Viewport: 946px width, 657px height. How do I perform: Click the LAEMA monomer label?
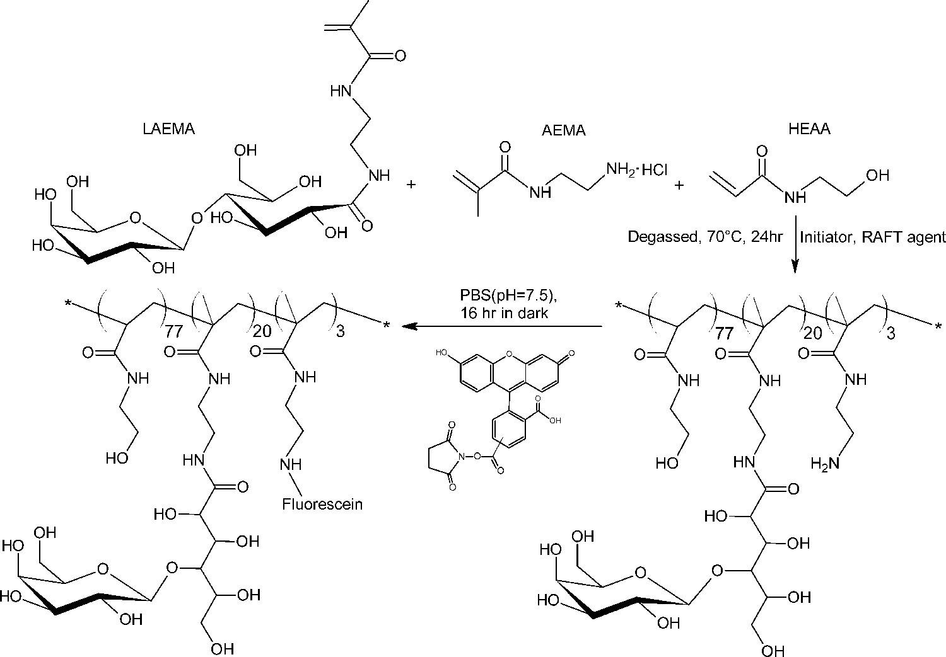tap(168, 130)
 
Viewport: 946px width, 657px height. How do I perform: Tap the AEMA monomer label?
tap(563, 130)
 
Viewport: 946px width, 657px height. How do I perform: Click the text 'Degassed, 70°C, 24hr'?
tap(705, 237)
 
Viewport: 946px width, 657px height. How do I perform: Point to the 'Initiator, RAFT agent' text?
tap(873, 237)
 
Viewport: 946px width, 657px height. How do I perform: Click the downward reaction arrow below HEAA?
tap(794, 246)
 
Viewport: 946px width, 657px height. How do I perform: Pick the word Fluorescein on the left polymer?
tap(322, 504)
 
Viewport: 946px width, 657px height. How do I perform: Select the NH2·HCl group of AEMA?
tap(636, 169)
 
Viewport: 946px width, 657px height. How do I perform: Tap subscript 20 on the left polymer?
tap(261, 330)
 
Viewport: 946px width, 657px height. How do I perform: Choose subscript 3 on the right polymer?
tap(891, 333)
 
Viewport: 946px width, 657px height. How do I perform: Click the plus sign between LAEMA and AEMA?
tap(412, 185)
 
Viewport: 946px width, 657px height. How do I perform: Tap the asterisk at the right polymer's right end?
tap(939, 326)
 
